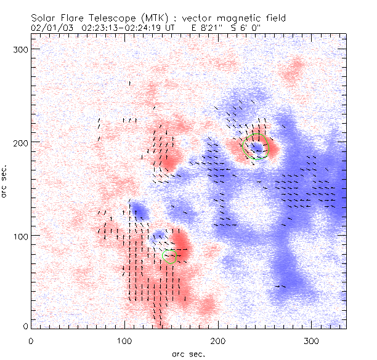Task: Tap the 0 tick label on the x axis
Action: coord(31,340)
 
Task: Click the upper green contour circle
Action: coord(256,147)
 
